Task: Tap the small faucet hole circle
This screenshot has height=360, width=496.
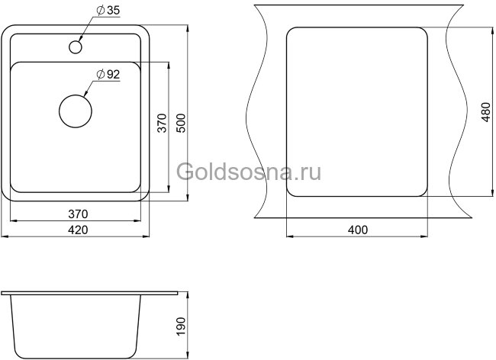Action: pos(76,47)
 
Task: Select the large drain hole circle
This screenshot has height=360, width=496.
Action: pos(76,109)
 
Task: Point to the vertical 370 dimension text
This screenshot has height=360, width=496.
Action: pos(161,125)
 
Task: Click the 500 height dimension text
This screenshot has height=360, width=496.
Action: pos(181,125)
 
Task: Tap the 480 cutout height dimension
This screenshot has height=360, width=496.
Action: pos(484,114)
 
